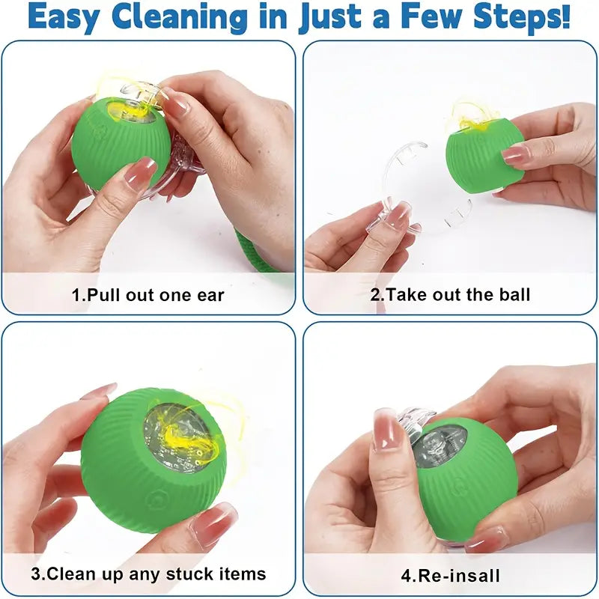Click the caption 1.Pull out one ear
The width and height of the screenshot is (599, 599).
(148, 294)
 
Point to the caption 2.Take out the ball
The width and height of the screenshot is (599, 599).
(450, 294)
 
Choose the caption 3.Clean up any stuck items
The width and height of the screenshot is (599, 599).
(148, 574)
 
